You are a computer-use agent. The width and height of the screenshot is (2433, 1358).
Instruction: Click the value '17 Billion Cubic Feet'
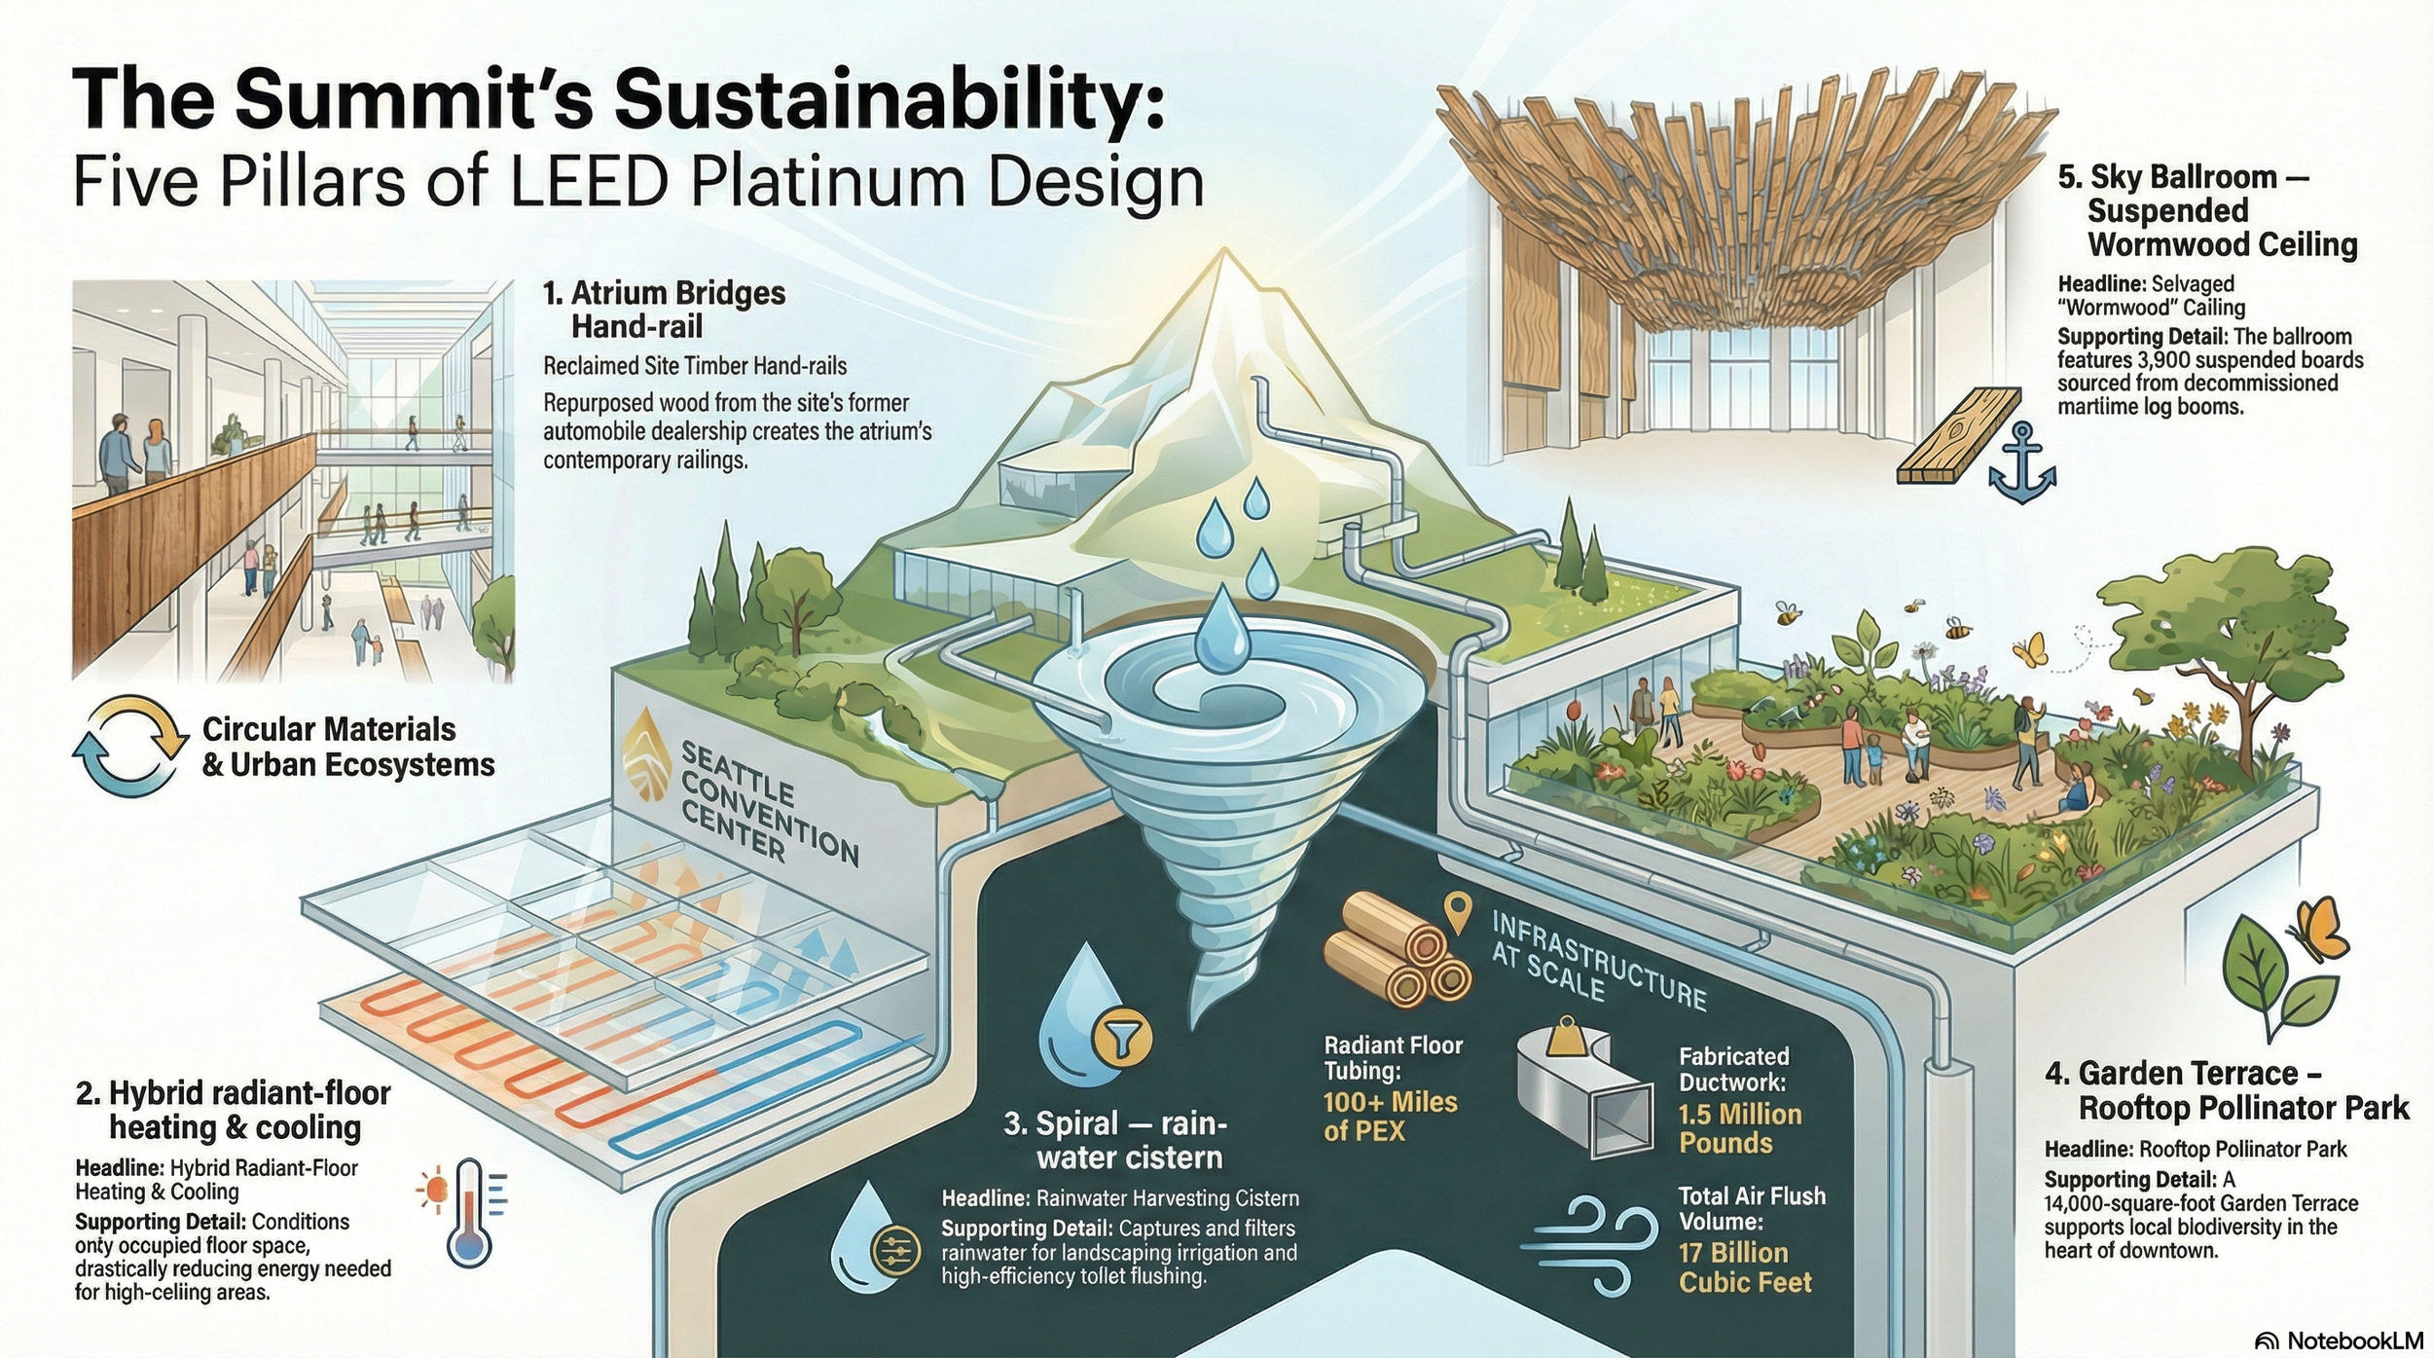pos(1745,1266)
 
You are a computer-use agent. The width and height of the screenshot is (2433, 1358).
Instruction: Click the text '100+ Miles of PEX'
pos(1390,1116)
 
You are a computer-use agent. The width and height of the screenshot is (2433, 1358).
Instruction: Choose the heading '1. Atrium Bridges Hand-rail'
pos(665,309)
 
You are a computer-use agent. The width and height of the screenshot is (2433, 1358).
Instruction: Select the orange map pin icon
pos(1457,913)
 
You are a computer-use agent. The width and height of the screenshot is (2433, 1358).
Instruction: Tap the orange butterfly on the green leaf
pos(2322,930)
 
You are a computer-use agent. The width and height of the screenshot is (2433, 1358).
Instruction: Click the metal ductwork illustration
pos(1586,1095)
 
